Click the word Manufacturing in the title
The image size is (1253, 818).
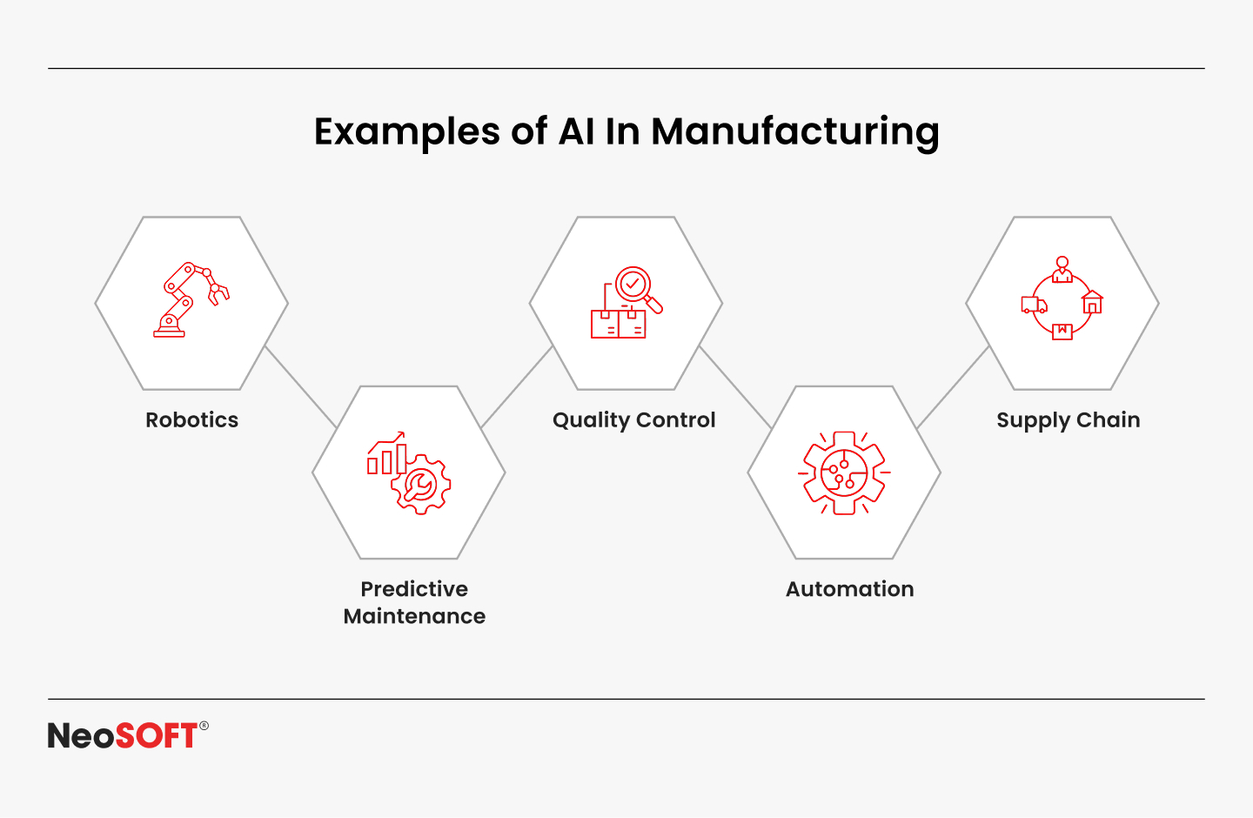pyautogui.click(x=794, y=132)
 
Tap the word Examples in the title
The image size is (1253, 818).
pyautogui.click(x=406, y=132)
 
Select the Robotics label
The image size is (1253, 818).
pyautogui.click(x=192, y=420)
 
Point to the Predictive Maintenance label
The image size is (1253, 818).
pyautogui.click(x=414, y=602)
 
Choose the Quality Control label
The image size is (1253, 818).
pyautogui.click(x=633, y=420)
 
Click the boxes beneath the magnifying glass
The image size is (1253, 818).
pyautogui.click(x=618, y=324)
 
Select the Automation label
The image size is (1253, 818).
pyautogui.click(x=849, y=589)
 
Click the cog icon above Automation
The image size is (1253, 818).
pyautogui.click(x=844, y=473)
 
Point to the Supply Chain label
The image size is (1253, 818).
pyautogui.click(x=1068, y=420)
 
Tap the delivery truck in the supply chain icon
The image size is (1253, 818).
pyautogui.click(x=1034, y=305)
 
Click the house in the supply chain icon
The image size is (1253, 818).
pyautogui.click(x=1092, y=302)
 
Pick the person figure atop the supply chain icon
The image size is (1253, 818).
pyautogui.click(x=1062, y=269)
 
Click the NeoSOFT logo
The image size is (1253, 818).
pyautogui.click(x=123, y=736)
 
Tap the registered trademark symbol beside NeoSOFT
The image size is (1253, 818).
pyautogui.click(x=204, y=726)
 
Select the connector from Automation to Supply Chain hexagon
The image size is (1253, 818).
pyautogui.click(x=954, y=386)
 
